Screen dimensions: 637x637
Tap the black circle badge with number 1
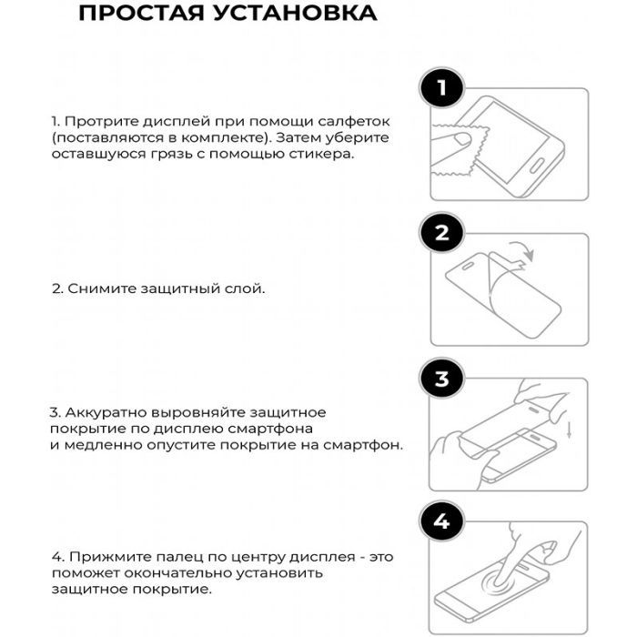[442, 88]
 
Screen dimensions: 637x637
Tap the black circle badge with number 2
[442, 233]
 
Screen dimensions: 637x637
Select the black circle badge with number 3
[442, 379]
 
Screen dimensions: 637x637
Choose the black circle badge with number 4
[442, 522]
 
